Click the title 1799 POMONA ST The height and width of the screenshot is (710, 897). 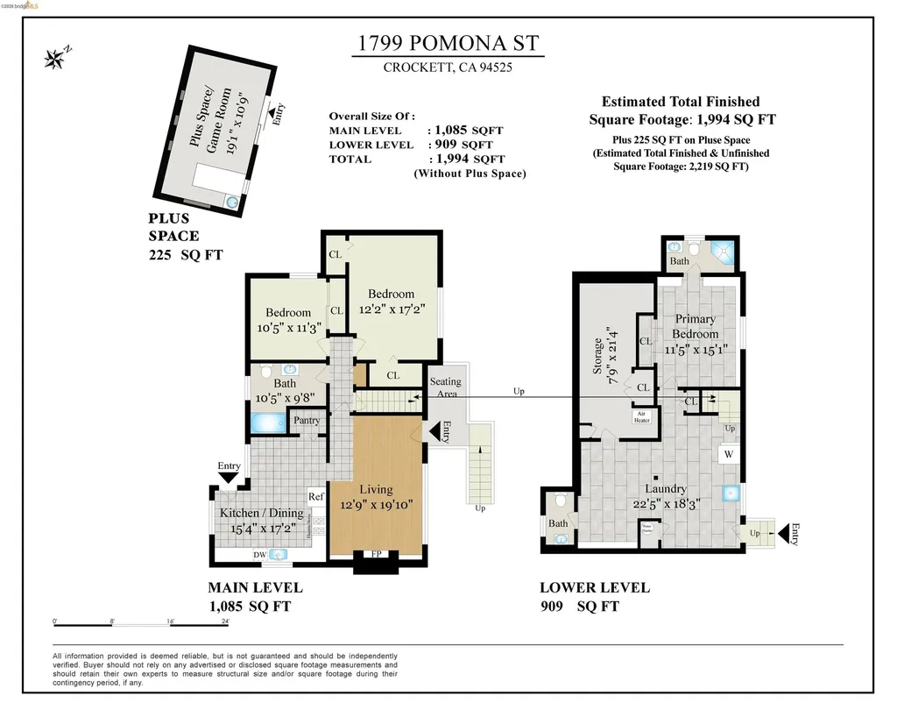(x=448, y=44)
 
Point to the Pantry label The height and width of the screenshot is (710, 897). (x=307, y=421)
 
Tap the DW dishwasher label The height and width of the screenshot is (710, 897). (x=259, y=555)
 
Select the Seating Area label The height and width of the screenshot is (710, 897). (x=445, y=387)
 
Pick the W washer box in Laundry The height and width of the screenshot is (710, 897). (x=728, y=455)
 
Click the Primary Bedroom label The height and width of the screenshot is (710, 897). (x=695, y=326)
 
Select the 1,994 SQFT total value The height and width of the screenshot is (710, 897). (x=466, y=159)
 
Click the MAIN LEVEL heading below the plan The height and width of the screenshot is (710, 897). (x=255, y=587)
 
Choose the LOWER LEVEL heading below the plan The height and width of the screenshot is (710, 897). (x=594, y=587)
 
